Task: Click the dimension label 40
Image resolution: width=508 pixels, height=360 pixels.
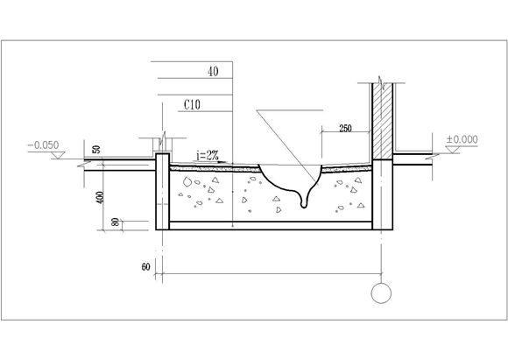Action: pos(213,71)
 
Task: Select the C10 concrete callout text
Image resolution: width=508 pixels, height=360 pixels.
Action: pos(192,104)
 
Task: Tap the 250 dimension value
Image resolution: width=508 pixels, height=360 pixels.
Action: pos(345,128)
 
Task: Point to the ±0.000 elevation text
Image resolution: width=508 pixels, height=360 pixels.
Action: pos(462,139)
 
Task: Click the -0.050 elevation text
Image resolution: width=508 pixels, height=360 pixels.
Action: pos(44,145)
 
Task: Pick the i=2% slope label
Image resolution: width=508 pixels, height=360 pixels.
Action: pos(208,156)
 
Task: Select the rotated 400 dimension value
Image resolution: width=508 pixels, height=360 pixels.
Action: pos(101,197)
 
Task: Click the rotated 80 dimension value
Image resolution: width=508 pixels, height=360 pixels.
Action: pos(115,222)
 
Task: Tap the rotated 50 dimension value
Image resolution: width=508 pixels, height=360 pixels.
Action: pos(96,150)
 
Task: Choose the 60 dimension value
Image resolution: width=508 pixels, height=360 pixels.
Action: pos(145,266)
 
